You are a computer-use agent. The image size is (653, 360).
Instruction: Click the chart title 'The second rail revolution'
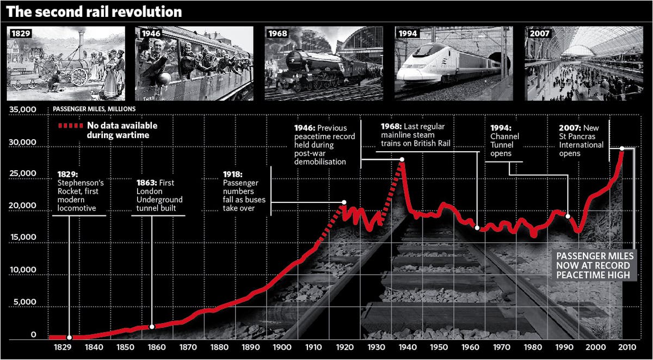(x=94, y=11)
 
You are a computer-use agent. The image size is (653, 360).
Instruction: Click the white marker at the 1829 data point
(x=69, y=338)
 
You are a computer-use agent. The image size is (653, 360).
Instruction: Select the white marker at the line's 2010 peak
(x=621, y=148)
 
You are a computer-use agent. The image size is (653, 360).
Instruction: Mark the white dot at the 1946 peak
(x=402, y=159)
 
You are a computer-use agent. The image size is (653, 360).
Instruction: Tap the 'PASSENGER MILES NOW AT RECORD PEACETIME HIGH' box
(x=592, y=265)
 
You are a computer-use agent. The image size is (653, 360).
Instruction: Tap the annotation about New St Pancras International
(x=581, y=141)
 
